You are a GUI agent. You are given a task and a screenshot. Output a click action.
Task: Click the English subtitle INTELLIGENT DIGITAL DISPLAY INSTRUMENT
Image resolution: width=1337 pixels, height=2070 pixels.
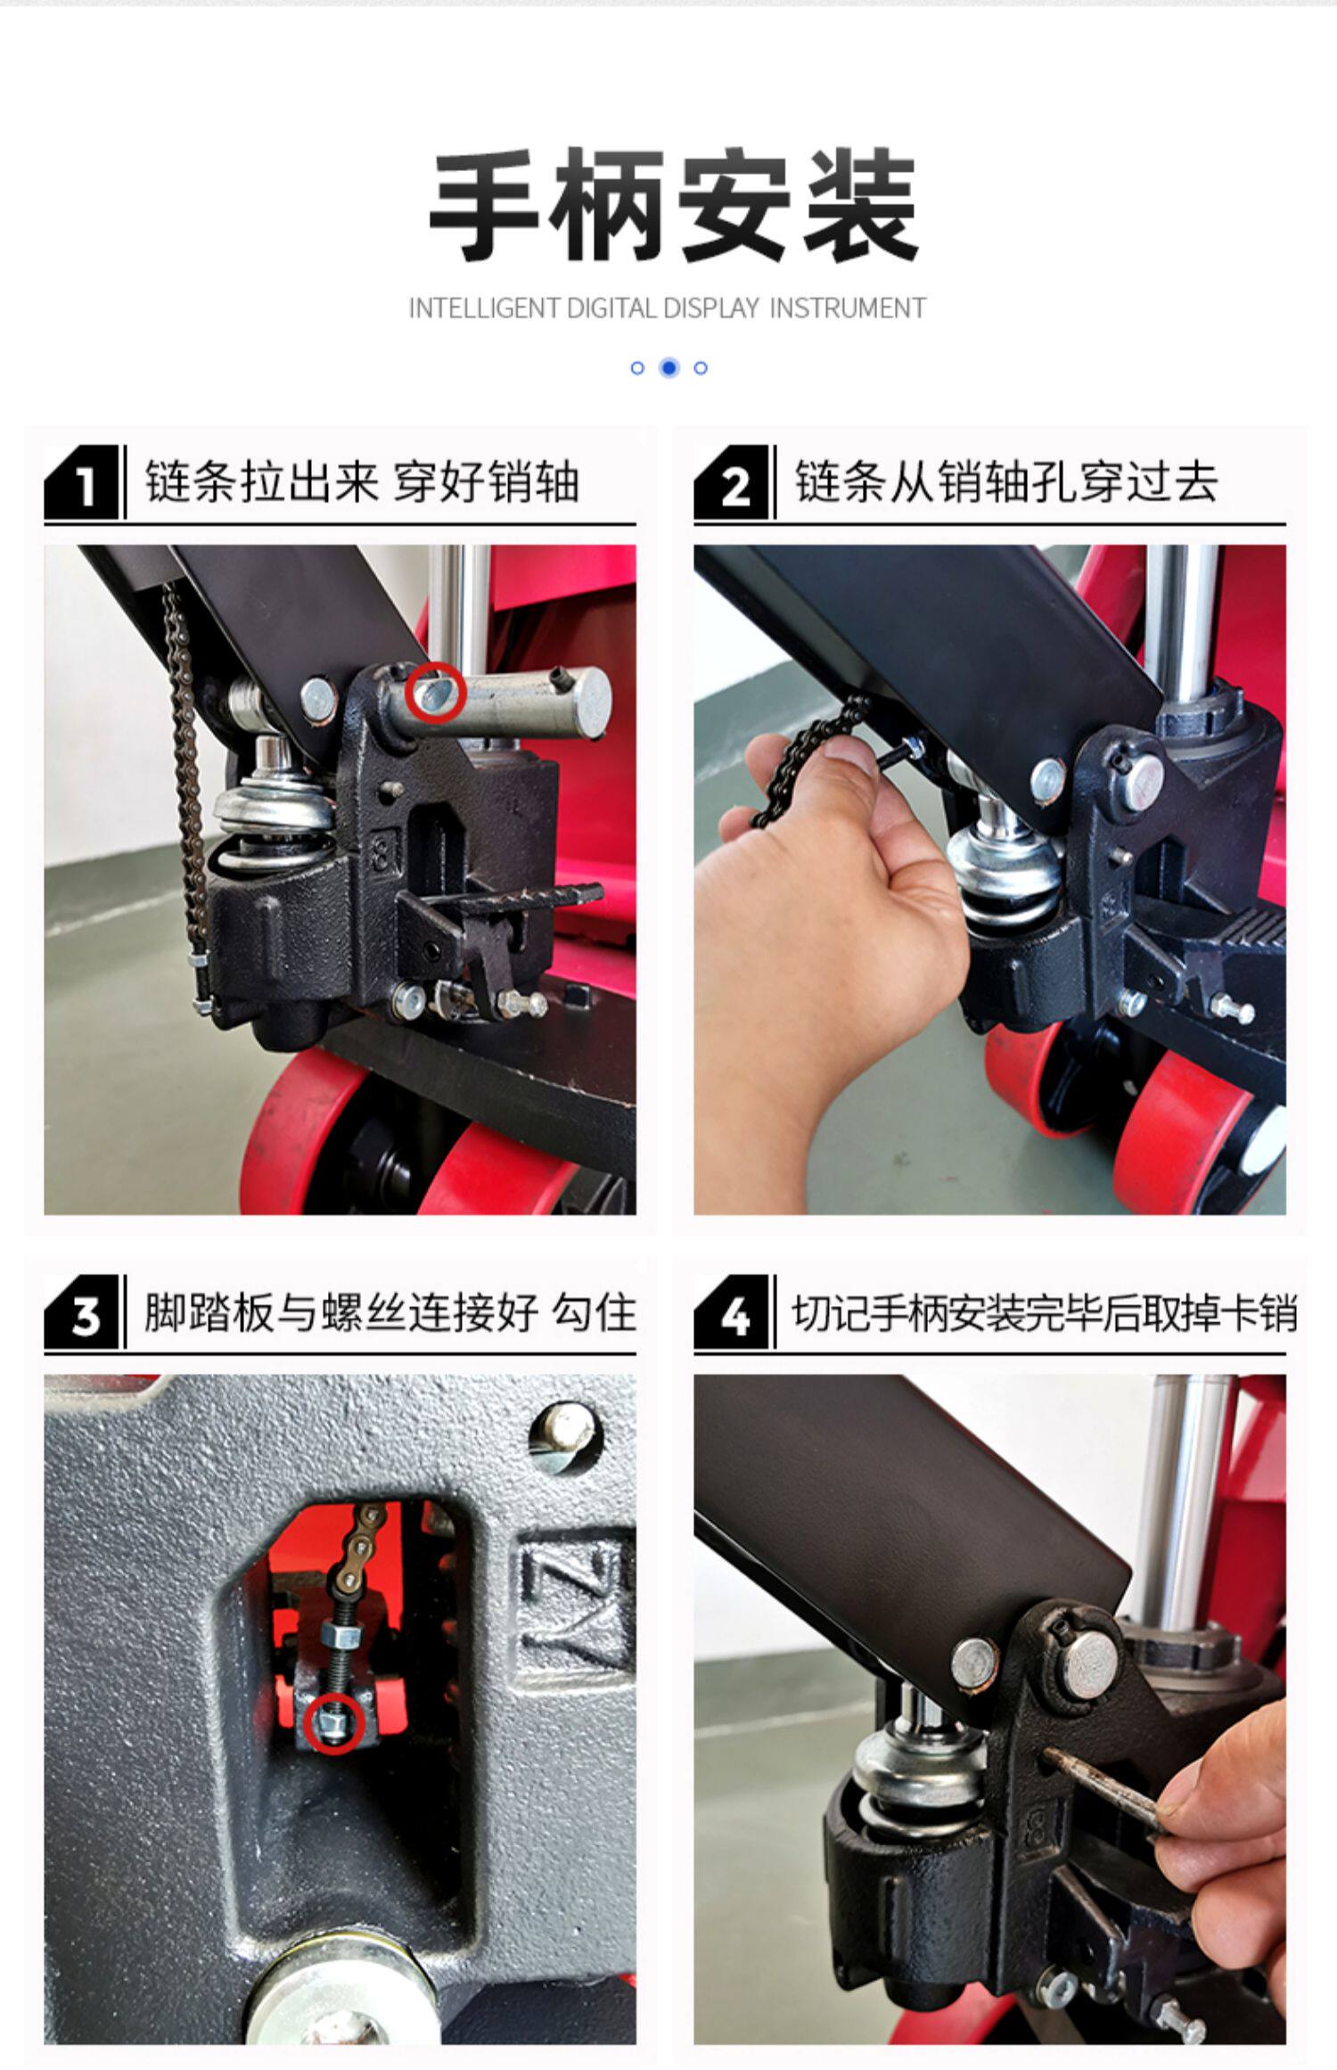668,308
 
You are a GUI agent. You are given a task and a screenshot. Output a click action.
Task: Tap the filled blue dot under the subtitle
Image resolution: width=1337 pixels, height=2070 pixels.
669,367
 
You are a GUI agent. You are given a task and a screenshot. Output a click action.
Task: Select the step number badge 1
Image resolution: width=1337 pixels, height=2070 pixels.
81,482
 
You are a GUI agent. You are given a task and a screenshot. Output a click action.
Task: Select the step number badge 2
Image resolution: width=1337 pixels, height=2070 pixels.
731,482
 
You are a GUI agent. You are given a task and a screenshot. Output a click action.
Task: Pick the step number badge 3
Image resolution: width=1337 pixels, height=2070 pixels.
81,1312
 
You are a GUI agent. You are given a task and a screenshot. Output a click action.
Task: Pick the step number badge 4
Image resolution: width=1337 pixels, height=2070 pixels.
731,1312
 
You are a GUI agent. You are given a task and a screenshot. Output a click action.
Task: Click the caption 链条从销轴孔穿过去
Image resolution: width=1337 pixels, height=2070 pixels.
1006,482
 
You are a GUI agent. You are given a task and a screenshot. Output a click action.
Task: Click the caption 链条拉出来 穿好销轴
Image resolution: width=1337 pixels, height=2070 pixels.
362,482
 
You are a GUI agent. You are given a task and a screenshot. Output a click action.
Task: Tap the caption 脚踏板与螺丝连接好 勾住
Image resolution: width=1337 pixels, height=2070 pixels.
390,1312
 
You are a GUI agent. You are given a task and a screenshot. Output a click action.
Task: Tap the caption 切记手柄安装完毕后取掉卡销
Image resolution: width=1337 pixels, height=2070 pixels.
1045,1312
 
